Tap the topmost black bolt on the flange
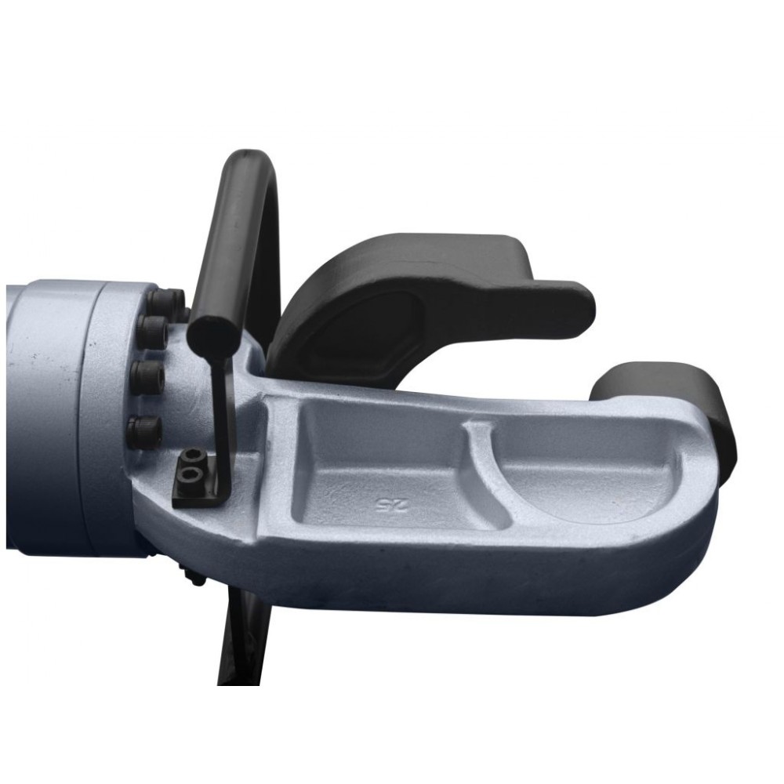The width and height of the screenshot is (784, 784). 165,302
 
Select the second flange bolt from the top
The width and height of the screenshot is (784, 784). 153,332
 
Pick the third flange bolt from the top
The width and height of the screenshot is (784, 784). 147,377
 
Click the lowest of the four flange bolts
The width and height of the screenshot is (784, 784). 144,432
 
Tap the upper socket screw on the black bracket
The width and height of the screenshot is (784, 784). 194,456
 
